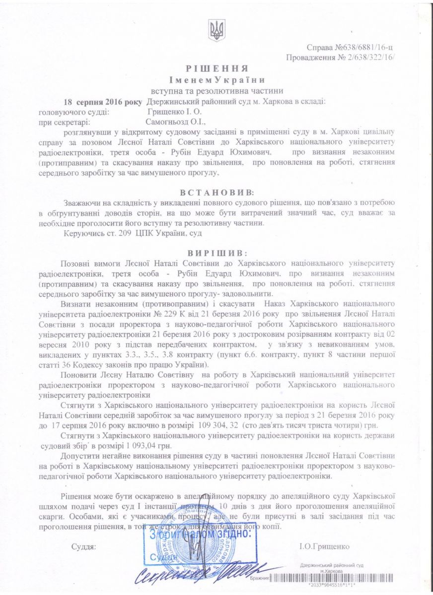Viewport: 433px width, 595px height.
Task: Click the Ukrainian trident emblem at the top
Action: tap(217, 30)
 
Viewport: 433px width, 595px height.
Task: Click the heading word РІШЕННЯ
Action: tap(216, 68)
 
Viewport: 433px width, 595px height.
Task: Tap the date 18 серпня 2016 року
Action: tap(103, 102)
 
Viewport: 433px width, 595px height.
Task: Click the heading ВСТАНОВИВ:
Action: tap(216, 191)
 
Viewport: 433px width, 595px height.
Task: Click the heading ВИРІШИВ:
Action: tap(216, 252)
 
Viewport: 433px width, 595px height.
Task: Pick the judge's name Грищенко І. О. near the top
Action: tap(164, 112)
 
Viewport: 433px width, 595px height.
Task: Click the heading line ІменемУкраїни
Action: tap(216, 80)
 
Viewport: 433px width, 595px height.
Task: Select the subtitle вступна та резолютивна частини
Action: tap(217, 91)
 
